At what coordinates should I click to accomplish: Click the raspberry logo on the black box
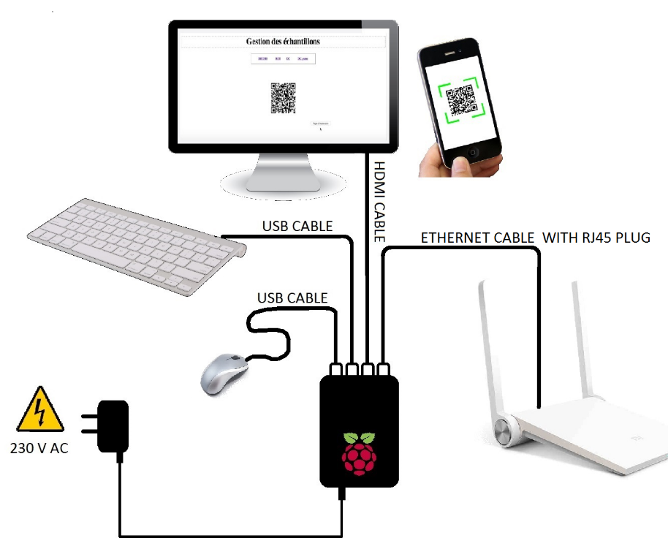point(359,452)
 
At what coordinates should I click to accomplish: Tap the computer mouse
point(224,374)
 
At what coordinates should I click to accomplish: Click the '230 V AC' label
point(39,448)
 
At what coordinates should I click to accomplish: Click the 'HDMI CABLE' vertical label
point(379,202)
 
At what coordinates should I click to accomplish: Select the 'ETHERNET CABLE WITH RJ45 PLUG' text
point(535,238)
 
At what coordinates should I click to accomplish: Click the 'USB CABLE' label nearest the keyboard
point(297,226)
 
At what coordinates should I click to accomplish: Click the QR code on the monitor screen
point(283,98)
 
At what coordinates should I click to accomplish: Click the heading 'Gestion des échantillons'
point(283,42)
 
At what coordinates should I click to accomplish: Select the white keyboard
point(135,244)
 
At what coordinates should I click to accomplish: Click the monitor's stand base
point(281,183)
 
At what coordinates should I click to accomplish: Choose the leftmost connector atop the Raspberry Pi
point(337,369)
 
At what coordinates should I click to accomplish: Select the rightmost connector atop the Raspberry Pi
point(384,369)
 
